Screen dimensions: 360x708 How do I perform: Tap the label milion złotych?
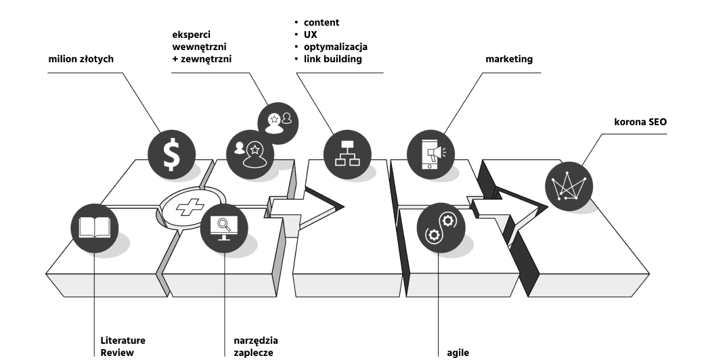(80, 60)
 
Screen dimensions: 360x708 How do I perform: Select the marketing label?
(509, 60)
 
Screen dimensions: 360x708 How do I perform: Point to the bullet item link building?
(332, 59)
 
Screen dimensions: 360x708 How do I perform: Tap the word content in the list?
(322, 22)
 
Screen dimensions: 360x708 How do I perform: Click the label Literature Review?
(123, 346)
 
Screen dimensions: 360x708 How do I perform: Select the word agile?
(458, 353)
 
